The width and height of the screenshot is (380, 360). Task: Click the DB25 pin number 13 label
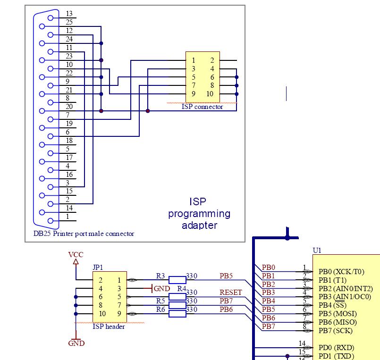pos(69,14)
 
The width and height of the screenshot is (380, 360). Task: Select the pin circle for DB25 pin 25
pos(42,26)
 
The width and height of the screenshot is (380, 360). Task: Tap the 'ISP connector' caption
pos(203,107)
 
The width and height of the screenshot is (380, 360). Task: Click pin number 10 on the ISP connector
pos(210,94)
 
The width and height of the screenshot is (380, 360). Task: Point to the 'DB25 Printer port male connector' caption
pos(84,234)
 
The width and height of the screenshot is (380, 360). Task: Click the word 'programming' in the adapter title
pos(199,214)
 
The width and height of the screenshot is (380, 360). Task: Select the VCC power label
pos(76,255)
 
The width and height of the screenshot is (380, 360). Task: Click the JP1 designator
pos(98,267)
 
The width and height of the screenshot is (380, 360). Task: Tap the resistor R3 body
pos(177,280)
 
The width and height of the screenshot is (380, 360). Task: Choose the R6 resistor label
pos(160,310)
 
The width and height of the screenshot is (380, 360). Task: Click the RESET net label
pos(231,293)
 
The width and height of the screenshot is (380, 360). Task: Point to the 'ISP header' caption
pos(109,327)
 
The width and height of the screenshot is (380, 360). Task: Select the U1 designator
pos(317,250)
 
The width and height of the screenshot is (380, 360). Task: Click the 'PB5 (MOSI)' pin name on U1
pos(338,314)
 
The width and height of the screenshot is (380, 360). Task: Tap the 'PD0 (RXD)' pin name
pos(337,348)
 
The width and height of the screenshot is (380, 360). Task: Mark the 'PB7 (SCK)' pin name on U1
pos(336,331)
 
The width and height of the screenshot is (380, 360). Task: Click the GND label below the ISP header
pos(76,343)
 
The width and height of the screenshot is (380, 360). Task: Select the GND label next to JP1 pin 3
pos(161,289)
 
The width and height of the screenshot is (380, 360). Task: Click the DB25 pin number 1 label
pos(68,217)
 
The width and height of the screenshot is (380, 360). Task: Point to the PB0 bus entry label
pos(269,268)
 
